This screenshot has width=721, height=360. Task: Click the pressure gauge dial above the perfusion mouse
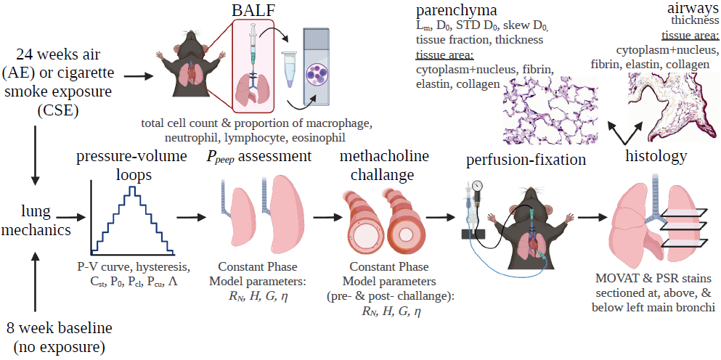tap(477, 185)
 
